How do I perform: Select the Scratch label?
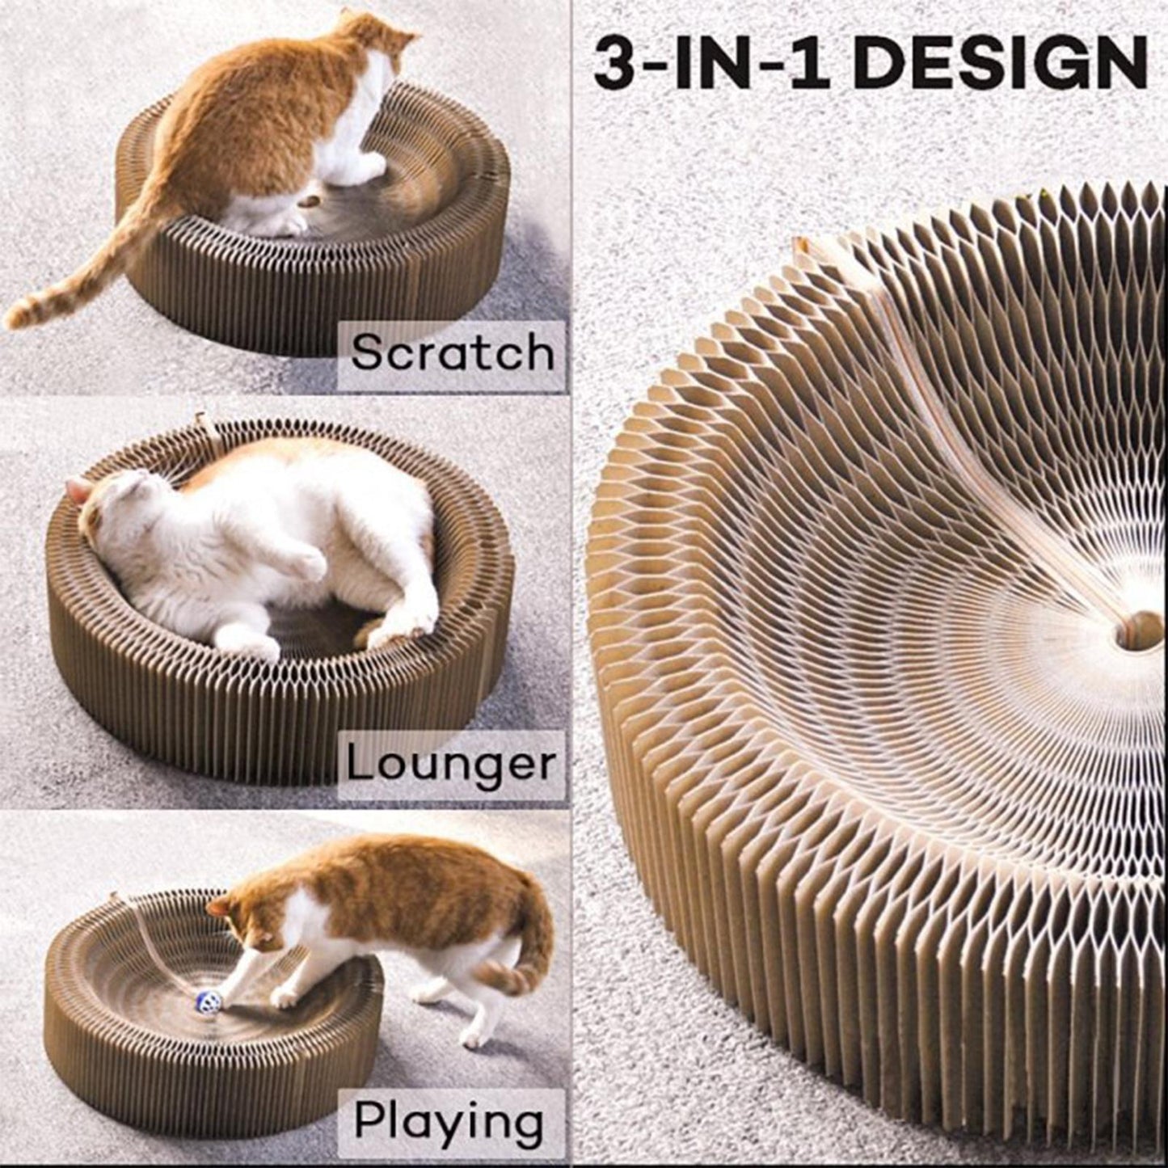point(453,352)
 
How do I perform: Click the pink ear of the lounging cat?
point(78,490)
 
